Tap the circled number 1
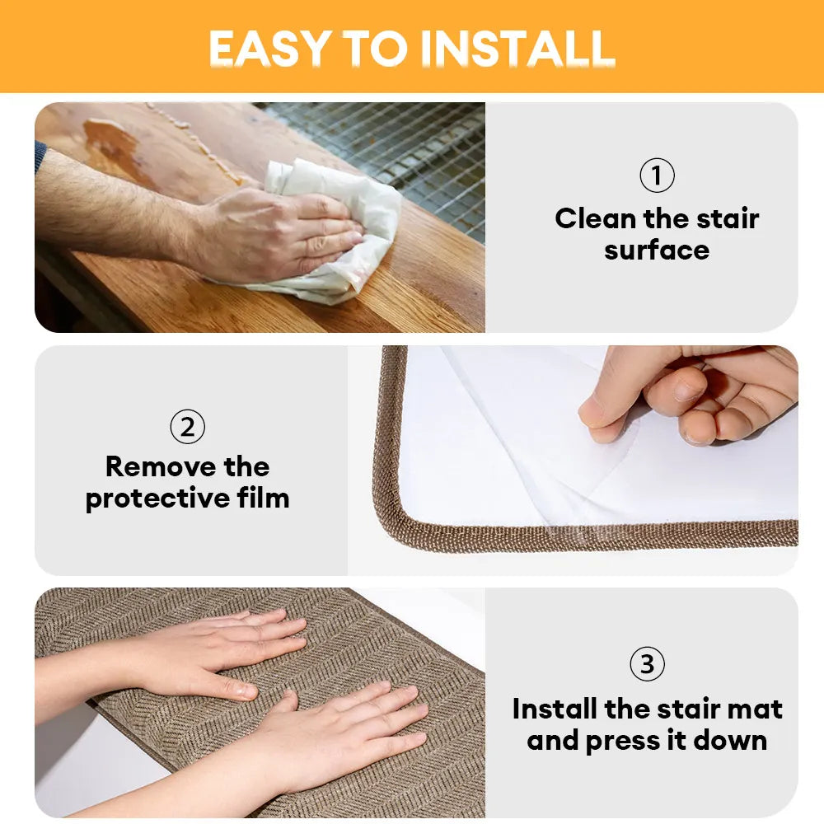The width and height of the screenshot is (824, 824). (657, 176)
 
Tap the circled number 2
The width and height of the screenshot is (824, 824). (187, 427)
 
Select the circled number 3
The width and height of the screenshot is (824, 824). (647, 664)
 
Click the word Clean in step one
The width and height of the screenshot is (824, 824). (595, 219)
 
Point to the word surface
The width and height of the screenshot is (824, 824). (657, 250)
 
